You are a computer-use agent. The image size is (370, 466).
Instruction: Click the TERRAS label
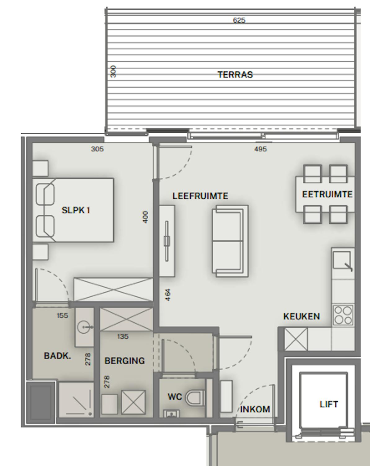point(235,75)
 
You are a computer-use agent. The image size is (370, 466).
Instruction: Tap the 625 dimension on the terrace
point(239,21)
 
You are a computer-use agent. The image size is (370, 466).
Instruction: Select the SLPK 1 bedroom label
point(76,210)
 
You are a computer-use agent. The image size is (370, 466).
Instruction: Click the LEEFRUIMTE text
point(200,196)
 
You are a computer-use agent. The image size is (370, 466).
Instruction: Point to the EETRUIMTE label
point(328,194)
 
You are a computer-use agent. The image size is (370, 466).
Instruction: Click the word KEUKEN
point(302,317)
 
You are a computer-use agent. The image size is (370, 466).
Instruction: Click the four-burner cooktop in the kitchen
point(343,315)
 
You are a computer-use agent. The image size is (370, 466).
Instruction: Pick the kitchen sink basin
point(342,260)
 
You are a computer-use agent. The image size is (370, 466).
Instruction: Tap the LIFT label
point(329,404)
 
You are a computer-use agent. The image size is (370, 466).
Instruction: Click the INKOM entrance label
point(255,409)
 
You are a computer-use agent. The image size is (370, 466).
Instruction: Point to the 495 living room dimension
point(260,149)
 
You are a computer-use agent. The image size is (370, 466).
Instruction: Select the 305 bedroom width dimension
point(97,149)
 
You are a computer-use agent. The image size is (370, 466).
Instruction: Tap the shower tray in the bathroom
point(76,400)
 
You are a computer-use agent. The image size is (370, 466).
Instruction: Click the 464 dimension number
point(168,295)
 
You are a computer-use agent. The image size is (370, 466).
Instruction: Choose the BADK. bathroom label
point(57,356)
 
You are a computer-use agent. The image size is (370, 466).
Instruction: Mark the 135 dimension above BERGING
point(123,336)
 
